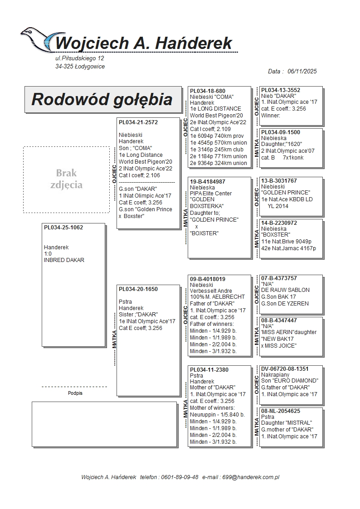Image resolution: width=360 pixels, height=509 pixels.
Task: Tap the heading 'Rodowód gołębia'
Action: point(102,99)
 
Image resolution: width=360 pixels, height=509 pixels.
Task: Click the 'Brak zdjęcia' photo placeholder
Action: point(66,179)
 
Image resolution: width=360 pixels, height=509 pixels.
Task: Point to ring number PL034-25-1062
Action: point(63,228)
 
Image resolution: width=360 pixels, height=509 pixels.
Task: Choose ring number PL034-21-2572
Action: point(138,122)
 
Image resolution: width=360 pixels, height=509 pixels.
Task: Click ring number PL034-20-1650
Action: point(138,289)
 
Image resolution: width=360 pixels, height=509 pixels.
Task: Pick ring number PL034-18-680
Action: point(208,91)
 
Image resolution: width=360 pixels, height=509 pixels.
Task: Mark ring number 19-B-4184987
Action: point(208,182)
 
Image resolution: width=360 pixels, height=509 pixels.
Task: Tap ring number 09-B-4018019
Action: point(208,279)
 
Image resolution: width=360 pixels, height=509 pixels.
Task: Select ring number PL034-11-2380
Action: point(209,370)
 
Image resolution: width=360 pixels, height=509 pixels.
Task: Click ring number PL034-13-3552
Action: point(281,90)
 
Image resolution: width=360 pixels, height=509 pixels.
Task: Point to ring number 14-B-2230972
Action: point(279,223)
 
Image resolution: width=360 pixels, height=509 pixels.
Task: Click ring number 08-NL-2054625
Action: point(281,411)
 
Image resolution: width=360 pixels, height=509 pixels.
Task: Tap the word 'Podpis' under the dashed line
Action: point(75,393)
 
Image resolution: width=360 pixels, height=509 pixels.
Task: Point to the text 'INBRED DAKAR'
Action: point(64,260)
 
